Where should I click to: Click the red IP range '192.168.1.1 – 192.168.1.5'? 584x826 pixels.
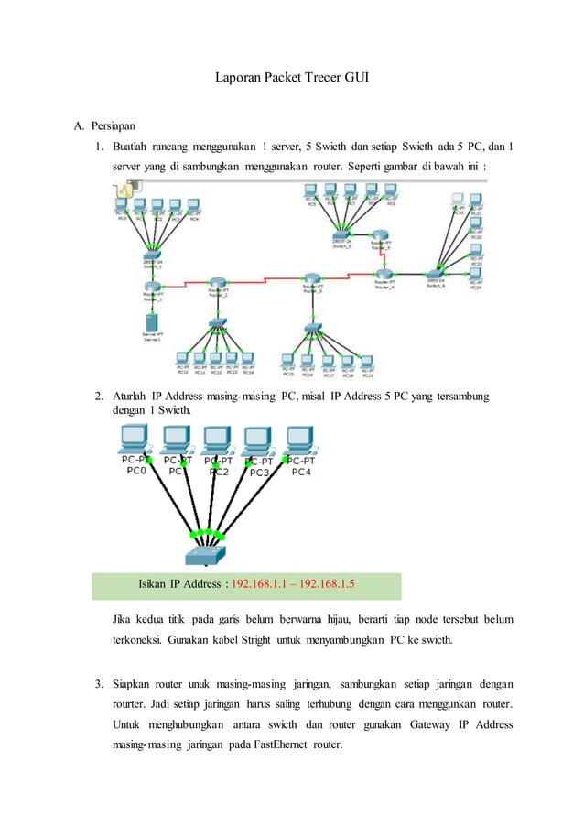pos(293,582)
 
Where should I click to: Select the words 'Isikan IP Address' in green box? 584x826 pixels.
pos(182,582)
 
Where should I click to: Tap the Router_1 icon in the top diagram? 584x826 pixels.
pos(153,288)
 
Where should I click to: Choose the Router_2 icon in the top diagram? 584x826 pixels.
pos(217,283)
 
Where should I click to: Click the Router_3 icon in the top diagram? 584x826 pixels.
pos(314,278)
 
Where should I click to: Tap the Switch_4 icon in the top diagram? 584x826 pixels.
pos(433,273)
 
